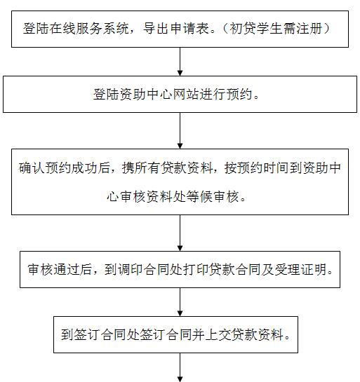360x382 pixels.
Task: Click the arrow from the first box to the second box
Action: [180, 62]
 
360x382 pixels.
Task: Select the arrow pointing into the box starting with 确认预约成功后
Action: [180, 130]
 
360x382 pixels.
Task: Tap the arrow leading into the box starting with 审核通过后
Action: [180, 233]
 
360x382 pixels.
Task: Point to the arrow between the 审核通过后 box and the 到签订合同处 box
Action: [180, 302]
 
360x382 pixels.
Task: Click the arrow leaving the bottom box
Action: [180, 367]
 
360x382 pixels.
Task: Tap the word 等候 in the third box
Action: [199, 196]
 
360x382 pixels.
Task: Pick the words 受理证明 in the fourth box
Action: [300, 269]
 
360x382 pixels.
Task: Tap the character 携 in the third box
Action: [128, 168]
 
